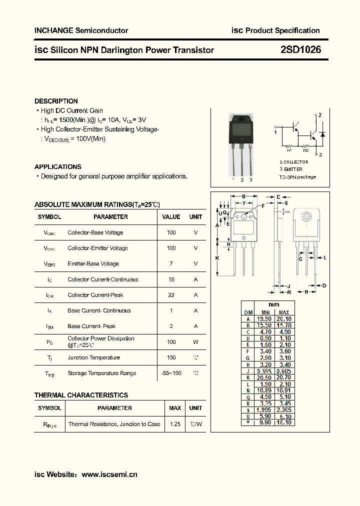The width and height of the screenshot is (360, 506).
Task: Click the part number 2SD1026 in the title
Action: click(x=300, y=49)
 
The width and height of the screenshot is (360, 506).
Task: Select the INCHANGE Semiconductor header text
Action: click(x=81, y=30)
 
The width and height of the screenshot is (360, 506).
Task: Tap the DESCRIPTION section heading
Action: click(x=56, y=101)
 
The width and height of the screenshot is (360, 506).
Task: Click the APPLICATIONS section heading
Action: click(x=57, y=167)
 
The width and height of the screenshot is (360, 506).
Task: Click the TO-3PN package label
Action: click(x=297, y=177)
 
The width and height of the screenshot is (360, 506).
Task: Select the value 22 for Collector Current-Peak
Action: click(x=171, y=295)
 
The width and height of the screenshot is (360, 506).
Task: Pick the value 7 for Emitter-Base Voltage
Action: click(x=171, y=263)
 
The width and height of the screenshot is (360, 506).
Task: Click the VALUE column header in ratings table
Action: click(x=171, y=217)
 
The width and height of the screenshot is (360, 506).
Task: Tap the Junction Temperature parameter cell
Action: click(x=93, y=357)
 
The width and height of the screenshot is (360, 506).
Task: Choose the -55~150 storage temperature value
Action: click(x=171, y=373)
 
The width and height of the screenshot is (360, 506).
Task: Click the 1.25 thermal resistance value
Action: click(x=175, y=424)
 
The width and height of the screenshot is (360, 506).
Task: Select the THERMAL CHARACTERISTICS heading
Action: click(x=81, y=395)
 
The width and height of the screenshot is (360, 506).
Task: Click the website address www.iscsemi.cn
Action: click(x=109, y=474)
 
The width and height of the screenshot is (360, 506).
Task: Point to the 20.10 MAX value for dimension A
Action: click(x=283, y=318)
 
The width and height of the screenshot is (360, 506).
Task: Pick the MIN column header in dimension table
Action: click(x=264, y=312)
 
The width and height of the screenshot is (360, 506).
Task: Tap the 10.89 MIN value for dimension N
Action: click(x=264, y=390)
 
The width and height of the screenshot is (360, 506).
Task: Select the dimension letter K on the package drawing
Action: click(x=217, y=258)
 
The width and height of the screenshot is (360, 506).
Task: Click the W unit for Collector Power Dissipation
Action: click(x=195, y=342)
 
